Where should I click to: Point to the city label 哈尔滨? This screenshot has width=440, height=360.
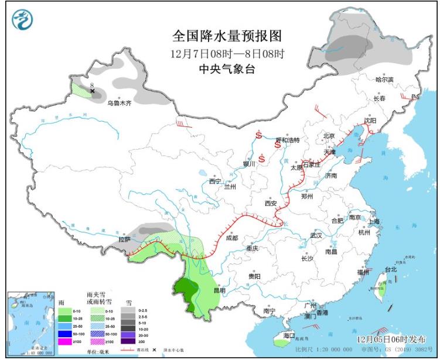(384, 79)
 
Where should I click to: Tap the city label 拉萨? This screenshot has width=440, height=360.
(124, 239)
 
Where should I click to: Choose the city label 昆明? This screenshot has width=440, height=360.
(219, 290)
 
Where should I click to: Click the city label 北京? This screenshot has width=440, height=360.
(328, 136)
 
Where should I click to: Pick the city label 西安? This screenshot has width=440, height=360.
(270, 204)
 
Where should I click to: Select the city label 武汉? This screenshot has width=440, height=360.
(317, 235)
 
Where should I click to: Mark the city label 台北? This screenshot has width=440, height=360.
(390, 270)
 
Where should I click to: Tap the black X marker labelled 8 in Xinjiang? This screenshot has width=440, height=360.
(92, 91)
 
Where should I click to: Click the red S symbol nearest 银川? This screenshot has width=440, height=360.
(262, 157)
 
